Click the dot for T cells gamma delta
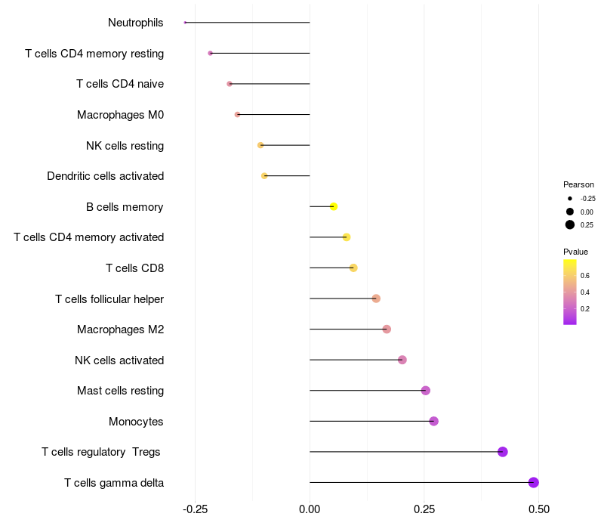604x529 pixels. tap(533, 482)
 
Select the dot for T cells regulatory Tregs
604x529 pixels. tap(503, 452)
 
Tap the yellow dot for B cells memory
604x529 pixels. tap(334, 206)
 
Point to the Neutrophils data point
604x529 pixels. tap(185, 23)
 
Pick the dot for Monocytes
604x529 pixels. tap(433, 421)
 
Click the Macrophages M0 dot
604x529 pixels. tap(237, 115)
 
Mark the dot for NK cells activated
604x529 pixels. tap(402, 360)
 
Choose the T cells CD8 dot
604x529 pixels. tap(353, 268)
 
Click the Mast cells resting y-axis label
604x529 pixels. tap(120, 391)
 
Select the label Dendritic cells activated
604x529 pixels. tap(105, 176)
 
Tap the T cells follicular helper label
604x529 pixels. tap(109, 299)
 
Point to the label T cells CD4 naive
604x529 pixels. tap(120, 84)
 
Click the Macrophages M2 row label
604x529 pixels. tap(120, 329)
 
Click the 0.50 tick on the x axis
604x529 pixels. tap(538, 510)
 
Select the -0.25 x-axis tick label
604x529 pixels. tap(195, 510)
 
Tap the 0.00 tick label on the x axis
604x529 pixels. tap(310, 510)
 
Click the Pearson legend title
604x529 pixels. tap(578, 184)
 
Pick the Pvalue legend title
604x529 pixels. tap(575, 252)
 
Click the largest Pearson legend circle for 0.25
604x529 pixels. tap(570, 224)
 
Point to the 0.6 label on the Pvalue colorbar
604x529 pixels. tap(585, 275)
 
